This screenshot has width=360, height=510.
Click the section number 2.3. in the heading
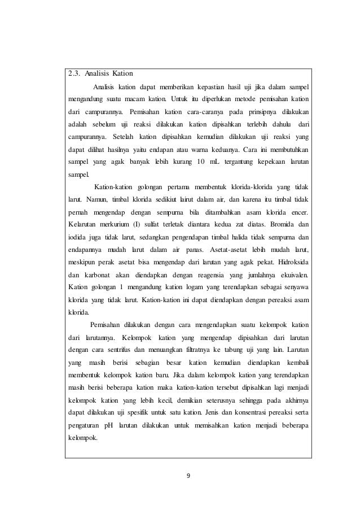[x=72, y=73]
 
